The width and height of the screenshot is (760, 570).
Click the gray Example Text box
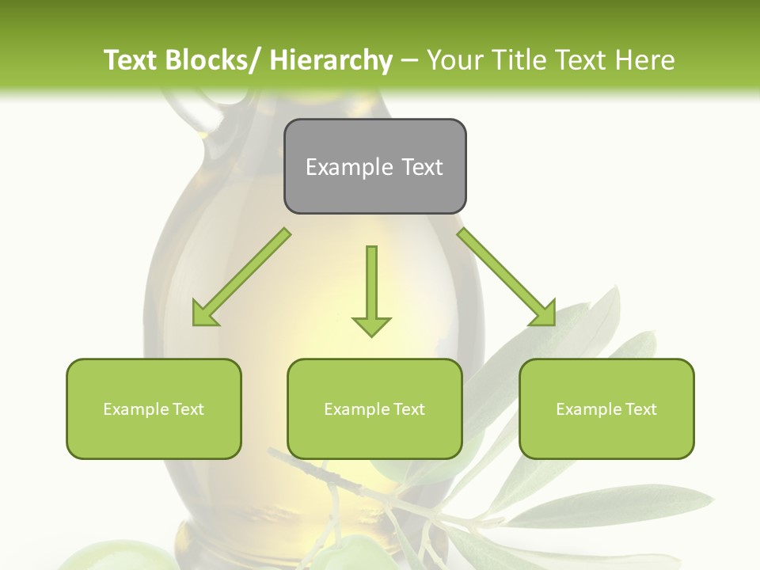(374, 166)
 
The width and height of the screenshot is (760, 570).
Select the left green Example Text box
(154, 408)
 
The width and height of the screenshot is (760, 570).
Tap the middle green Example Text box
(374, 408)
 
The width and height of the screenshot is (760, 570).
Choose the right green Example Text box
(606, 408)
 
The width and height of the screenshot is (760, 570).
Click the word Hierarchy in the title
(331, 60)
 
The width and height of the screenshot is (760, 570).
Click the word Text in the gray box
(422, 167)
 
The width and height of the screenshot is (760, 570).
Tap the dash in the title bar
(409, 60)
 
